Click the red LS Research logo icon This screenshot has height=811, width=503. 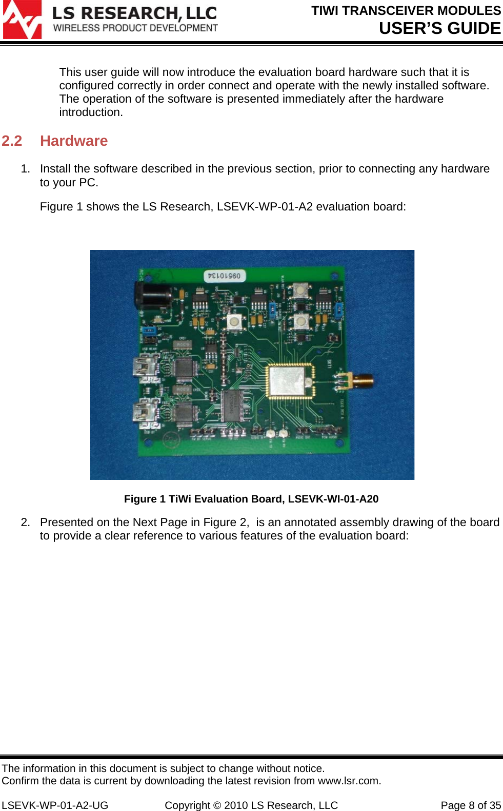(x=22, y=20)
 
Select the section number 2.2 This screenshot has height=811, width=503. (x=12, y=141)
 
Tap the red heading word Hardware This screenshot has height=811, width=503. (x=74, y=141)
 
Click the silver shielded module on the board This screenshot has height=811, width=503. (x=290, y=381)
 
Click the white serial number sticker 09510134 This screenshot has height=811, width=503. (x=224, y=276)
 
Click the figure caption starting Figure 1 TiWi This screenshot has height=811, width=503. (x=251, y=499)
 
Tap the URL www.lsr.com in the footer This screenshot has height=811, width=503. (x=349, y=781)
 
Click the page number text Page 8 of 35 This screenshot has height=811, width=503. (x=471, y=805)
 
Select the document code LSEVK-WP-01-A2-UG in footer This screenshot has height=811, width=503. (x=55, y=805)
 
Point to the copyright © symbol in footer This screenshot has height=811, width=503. (x=217, y=805)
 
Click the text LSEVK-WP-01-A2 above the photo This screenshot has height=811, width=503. (x=265, y=207)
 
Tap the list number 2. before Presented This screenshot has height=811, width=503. (x=25, y=523)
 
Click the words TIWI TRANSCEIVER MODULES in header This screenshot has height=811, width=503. (x=406, y=11)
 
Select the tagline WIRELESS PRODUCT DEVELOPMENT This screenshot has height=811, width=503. (x=136, y=28)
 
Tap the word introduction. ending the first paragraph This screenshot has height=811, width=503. (x=91, y=112)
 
